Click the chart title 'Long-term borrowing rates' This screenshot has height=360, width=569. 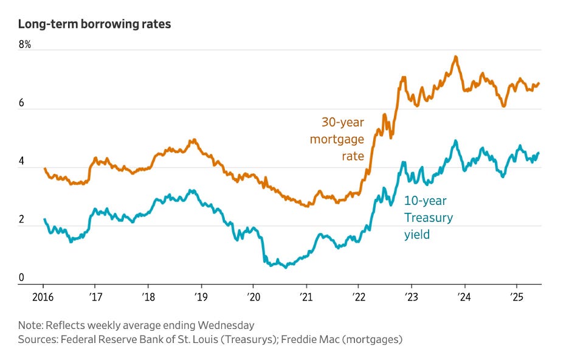click(x=94, y=24)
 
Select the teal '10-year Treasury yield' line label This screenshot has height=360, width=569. click(x=429, y=217)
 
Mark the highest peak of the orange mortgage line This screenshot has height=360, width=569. click(x=455, y=57)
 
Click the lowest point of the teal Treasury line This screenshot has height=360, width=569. click(x=286, y=267)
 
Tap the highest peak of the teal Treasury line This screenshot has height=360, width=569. click(x=455, y=141)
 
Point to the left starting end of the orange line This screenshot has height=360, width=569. click(x=44, y=168)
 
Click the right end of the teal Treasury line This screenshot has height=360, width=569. click(x=539, y=153)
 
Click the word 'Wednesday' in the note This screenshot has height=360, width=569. click(x=225, y=325)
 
